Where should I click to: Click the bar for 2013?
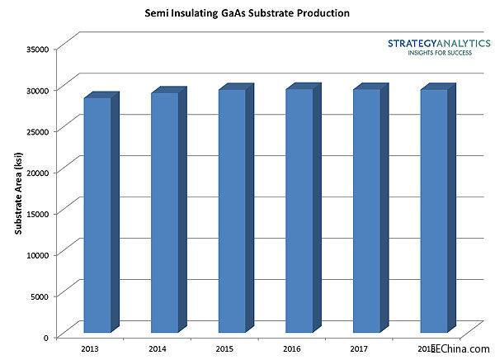click(x=97, y=215)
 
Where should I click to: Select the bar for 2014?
click(x=165, y=212)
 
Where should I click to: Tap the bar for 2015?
click(x=232, y=211)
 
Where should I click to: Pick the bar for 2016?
click(x=299, y=211)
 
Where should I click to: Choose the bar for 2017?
click(x=367, y=211)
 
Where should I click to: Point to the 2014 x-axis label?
click(x=158, y=349)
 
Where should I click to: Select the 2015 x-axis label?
click(x=225, y=349)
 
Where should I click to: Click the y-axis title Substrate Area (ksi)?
click(x=18, y=192)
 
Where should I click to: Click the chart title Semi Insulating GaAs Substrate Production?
click(x=247, y=14)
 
